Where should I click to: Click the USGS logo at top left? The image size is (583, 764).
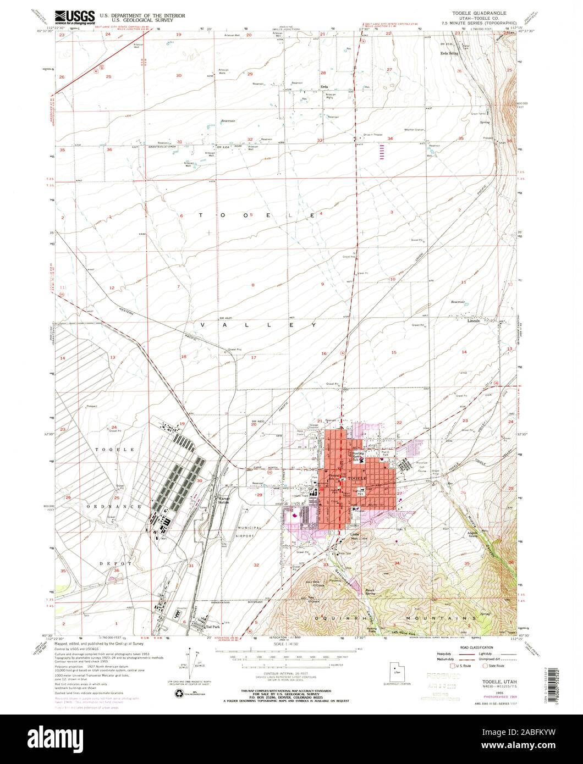point(75,16)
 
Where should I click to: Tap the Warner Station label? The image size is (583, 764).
point(224,500)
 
